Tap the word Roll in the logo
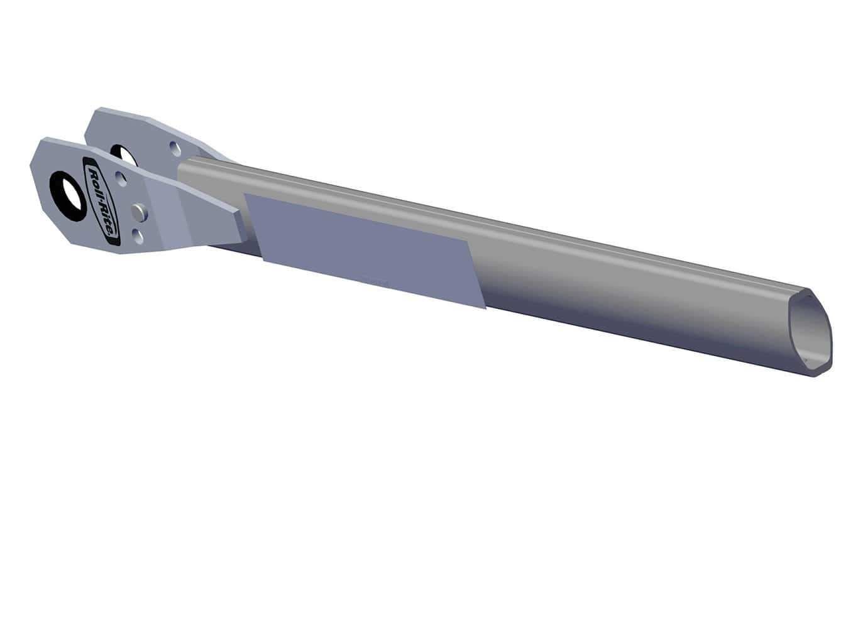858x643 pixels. pos(95,182)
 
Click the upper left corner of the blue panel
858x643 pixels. pos(246,195)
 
